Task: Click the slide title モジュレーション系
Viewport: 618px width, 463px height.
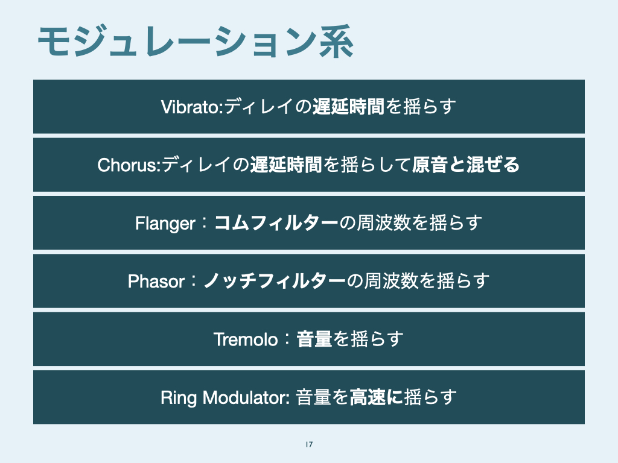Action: (x=196, y=42)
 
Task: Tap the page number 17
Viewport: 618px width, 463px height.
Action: (x=309, y=444)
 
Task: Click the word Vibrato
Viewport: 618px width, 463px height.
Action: (x=191, y=107)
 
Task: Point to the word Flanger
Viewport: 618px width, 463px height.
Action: (x=165, y=224)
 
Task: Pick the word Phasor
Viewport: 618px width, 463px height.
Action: (x=156, y=282)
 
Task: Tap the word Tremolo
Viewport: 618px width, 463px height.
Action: (x=246, y=339)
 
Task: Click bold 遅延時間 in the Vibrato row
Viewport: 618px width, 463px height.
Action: (x=348, y=107)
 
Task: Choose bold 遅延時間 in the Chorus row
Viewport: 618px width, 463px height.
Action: (x=286, y=165)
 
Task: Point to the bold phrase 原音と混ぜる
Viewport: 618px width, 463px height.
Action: (x=466, y=165)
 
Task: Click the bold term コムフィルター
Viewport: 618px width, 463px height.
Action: (x=276, y=223)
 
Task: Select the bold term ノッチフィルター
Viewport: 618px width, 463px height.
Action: (x=275, y=281)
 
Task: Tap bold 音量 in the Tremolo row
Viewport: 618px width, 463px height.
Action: (x=314, y=339)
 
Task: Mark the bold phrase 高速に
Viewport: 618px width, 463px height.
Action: (x=376, y=397)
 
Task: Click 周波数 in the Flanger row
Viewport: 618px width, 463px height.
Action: (x=383, y=223)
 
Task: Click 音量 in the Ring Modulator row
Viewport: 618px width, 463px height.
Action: (x=313, y=397)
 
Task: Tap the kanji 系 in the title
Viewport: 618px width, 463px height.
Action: (x=336, y=42)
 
